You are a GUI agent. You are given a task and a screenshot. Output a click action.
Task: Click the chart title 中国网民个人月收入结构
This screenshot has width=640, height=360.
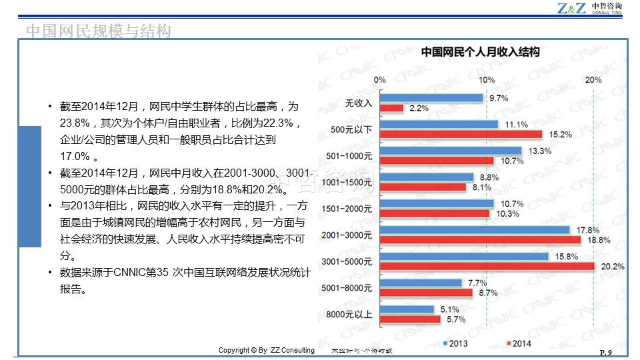479,51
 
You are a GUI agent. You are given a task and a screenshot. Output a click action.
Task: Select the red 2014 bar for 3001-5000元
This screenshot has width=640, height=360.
487,267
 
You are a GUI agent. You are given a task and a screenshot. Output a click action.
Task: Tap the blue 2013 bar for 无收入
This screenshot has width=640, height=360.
431,98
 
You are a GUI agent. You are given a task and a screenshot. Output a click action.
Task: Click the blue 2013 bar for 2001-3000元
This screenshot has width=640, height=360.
475,230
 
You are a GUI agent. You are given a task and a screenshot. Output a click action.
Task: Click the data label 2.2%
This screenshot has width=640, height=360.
419,108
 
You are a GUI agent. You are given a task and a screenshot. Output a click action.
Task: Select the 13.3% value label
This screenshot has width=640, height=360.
539,151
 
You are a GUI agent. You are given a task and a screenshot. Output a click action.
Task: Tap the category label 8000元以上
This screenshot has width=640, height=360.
350,314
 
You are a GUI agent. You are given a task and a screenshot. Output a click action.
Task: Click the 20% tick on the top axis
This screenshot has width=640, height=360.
593,80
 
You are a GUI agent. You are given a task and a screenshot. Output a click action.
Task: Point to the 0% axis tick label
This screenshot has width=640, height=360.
379,80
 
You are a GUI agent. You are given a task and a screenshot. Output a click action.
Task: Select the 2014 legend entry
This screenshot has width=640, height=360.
517,343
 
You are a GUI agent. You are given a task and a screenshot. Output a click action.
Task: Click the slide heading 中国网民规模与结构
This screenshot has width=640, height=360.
98,31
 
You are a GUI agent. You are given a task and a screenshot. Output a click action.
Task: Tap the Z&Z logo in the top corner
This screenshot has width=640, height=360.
571,8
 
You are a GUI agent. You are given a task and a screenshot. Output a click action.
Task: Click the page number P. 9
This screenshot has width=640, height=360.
606,353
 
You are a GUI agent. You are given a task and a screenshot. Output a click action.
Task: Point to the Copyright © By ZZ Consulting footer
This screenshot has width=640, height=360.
267,351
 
